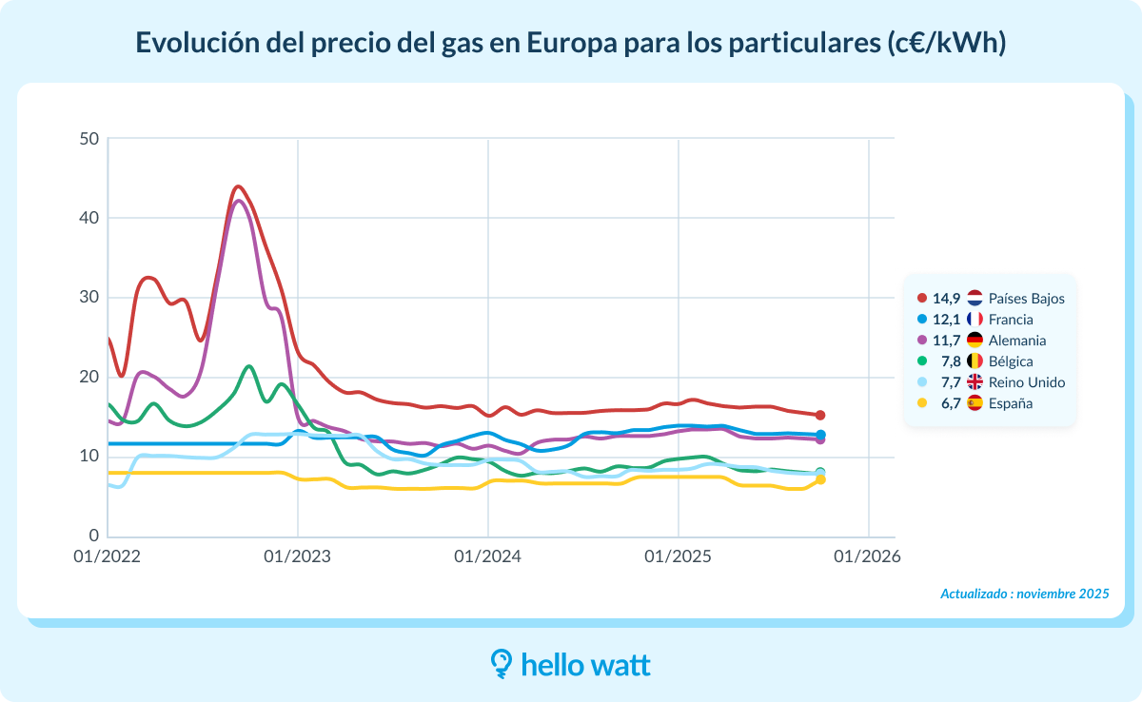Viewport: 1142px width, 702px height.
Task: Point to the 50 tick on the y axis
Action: point(89,139)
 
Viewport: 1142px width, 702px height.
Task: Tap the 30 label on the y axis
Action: point(89,298)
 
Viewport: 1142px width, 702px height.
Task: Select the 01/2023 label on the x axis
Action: point(297,556)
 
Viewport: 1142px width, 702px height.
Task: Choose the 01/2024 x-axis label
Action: point(487,556)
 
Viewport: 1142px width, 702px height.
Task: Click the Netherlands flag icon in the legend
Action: point(975,299)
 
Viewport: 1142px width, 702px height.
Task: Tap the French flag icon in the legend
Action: point(975,320)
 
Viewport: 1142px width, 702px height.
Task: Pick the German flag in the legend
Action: point(975,341)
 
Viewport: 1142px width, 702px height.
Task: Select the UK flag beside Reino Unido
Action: point(975,382)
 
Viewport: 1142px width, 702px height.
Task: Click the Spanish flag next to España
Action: point(975,403)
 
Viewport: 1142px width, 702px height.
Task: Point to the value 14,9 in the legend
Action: point(946,299)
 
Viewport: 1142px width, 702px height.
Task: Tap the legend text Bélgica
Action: point(1011,361)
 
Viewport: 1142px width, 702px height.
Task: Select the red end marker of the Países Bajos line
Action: point(820,415)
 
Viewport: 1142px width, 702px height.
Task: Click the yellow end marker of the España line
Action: point(820,479)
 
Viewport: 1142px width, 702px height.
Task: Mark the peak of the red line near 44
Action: point(238,186)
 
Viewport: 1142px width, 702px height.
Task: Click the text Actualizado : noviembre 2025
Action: point(1024,594)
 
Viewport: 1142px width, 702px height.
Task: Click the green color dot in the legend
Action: point(920,361)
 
